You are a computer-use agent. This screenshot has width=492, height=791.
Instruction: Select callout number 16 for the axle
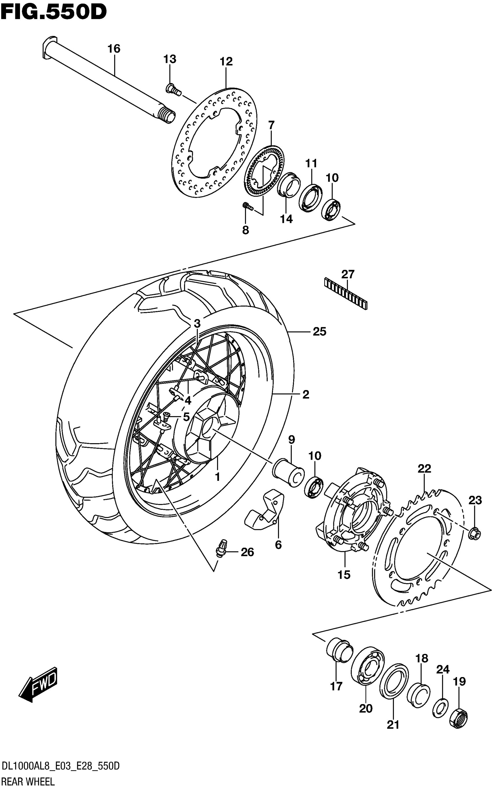tap(114, 49)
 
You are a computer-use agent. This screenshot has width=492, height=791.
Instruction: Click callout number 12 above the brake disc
tap(226, 61)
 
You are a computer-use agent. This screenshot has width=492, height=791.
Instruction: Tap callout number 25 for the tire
tap(319, 332)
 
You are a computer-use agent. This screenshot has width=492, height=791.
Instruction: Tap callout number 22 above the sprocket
tap(424, 468)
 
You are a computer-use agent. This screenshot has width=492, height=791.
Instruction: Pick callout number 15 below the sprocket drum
tap(344, 575)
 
